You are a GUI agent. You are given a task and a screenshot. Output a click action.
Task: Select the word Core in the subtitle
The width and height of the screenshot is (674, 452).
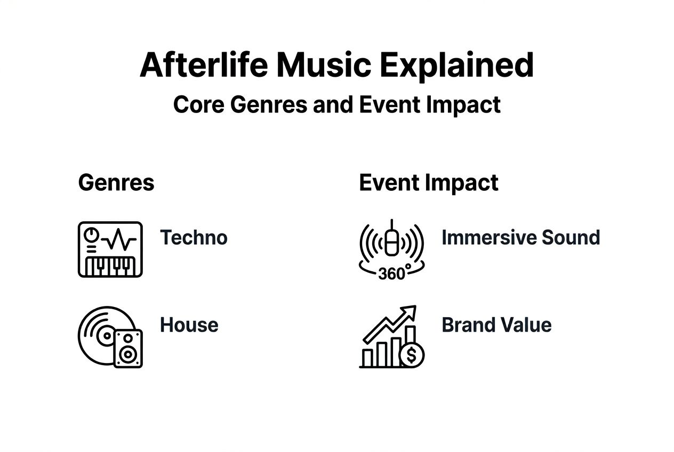coord(198,104)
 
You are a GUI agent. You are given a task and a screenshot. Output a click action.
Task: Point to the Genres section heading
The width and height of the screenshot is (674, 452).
coord(116,183)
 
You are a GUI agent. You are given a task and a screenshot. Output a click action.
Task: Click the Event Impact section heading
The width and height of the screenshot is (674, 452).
coord(429,183)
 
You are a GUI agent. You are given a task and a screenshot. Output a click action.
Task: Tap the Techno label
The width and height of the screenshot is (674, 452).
coord(194,237)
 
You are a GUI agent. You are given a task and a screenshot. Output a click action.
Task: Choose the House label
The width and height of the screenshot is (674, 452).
coord(189,325)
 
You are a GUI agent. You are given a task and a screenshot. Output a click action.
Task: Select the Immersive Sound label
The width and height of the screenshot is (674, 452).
coord(520,237)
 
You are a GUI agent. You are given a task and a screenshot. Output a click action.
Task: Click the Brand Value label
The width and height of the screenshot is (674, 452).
coord(496,325)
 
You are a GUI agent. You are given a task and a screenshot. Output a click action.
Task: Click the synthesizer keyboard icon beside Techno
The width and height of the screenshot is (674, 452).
coord(110,249)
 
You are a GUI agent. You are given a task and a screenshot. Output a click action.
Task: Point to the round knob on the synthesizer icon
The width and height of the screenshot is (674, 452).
coord(92,234)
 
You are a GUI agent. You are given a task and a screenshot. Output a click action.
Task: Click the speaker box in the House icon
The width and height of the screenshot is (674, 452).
coord(129,348)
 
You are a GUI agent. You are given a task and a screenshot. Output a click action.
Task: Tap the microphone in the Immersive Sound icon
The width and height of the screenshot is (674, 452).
coord(392,240)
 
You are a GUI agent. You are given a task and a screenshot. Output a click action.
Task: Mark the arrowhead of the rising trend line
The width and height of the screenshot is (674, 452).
coord(410,311)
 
